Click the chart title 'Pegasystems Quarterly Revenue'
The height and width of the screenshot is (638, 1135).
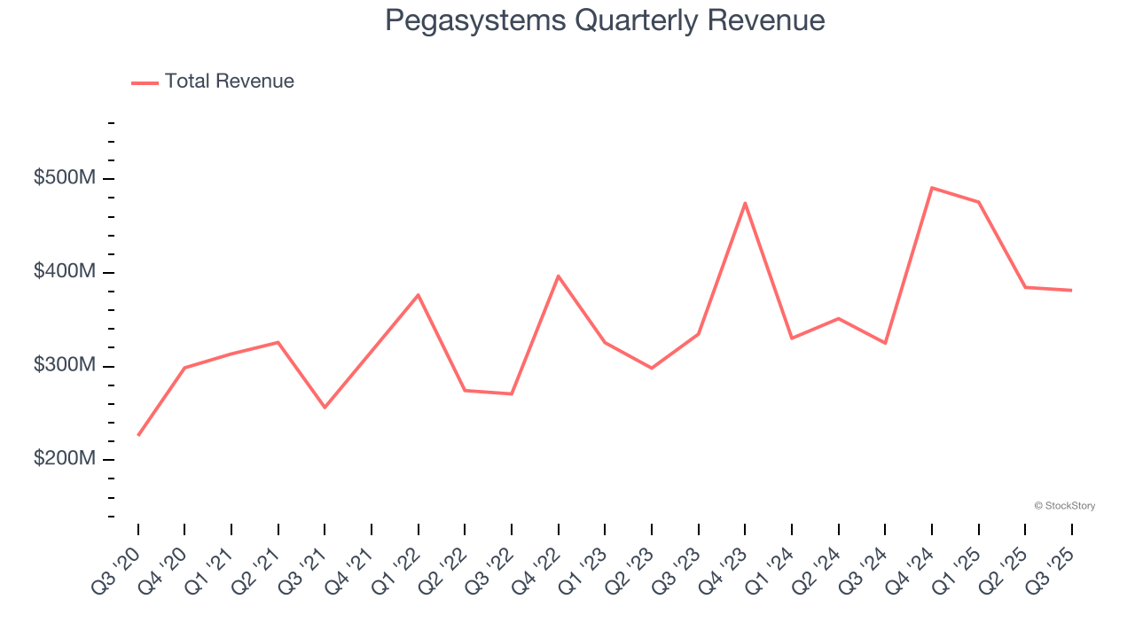(x=605, y=20)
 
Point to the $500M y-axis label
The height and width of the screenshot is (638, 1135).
(x=64, y=178)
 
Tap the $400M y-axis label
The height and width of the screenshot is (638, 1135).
(x=64, y=272)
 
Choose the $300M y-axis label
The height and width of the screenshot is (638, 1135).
(x=64, y=366)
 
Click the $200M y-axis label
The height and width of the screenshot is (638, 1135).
(x=64, y=459)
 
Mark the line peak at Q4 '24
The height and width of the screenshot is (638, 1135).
(x=932, y=188)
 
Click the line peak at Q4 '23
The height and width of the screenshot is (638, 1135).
(x=745, y=203)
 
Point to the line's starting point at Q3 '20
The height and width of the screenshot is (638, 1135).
(x=138, y=435)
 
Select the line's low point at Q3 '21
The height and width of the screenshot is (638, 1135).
(x=325, y=408)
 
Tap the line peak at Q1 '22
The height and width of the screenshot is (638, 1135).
(x=419, y=294)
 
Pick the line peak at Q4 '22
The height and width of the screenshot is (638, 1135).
(x=559, y=276)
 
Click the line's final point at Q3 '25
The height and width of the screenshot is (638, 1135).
(x=1071, y=290)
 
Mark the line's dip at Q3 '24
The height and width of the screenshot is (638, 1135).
(x=885, y=343)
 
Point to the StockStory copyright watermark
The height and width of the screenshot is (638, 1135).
(x=1064, y=506)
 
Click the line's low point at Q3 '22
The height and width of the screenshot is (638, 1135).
(x=512, y=393)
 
